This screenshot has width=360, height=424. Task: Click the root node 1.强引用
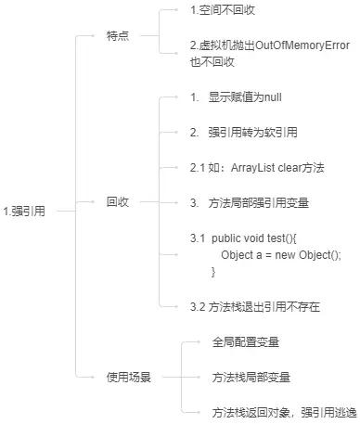tap(25, 212)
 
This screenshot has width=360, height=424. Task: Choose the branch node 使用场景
tap(129, 378)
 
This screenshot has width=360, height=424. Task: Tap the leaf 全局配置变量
tap(246, 342)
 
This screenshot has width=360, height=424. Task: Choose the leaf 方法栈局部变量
tap(251, 378)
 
